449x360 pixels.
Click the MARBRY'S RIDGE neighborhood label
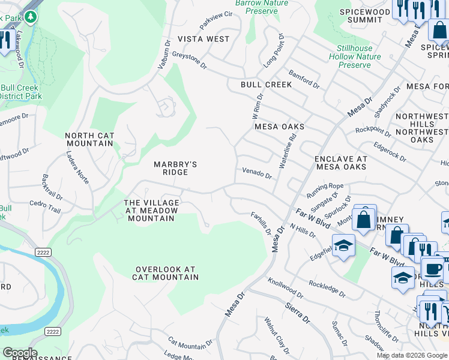click(175, 168)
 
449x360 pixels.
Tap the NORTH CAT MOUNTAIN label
click(89, 140)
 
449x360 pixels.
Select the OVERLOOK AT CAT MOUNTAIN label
click(167, 273)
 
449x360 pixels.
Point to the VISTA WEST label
click(203, 39)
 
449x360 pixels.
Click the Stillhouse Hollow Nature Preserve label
click(354, 56)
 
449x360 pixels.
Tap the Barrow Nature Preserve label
click(261, 7)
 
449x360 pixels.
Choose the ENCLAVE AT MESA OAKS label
click(340, 163)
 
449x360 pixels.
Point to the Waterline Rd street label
click(288, 151)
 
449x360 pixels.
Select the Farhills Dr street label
click(261, 223)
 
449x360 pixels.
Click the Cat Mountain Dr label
click(190, 343)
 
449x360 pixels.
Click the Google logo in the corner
click(19, 353)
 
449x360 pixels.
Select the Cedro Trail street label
click(45, 206)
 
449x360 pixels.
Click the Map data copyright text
click(412, 355)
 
